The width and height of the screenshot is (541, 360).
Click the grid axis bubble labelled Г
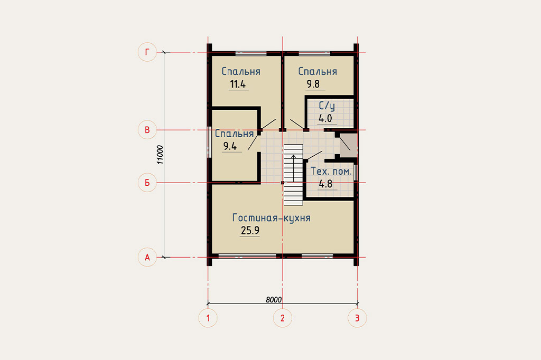pos(147,52)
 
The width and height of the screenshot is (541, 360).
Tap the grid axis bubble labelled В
pos(147,130)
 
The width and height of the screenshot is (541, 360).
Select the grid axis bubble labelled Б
pos(147,183)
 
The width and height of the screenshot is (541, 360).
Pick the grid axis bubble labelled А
pos(147,257)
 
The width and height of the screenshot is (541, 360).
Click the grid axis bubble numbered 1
pos(208,318)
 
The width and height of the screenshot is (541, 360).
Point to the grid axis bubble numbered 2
pos(283,318)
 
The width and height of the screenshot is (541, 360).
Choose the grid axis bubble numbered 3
pos(357,318)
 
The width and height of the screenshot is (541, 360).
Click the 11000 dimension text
pos(160,155)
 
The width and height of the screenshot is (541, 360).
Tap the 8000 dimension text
pos(274,300)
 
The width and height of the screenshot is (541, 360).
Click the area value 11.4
pos(238,84)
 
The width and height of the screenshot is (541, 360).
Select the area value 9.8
pos(313,84)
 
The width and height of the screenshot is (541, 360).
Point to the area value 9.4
pos(230,146)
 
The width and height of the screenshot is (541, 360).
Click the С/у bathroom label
pos(327,106)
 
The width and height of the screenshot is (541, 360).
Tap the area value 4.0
pos(325,118)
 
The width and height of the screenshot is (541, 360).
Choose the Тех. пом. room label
pos(331,171)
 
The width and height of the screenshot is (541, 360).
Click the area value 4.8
pos(325,184)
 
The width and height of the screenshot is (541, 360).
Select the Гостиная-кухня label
pos(272,218)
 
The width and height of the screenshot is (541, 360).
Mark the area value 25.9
pos(250,230)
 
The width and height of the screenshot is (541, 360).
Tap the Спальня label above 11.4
pos(241,71)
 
